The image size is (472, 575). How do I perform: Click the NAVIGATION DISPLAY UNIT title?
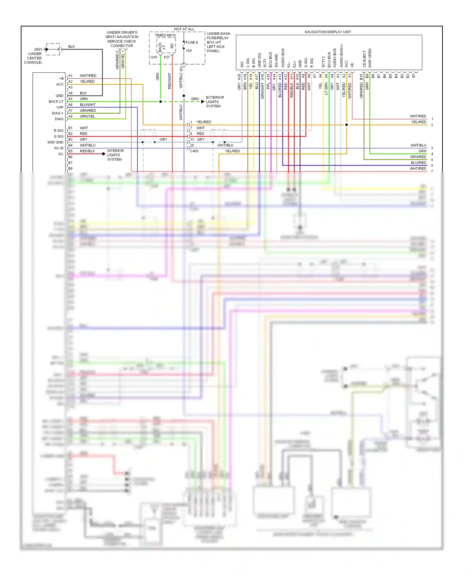[328, 32]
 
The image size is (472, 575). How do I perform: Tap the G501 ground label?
[38, 49]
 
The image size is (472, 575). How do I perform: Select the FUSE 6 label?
[192, 42]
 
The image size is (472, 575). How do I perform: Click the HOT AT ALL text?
[184, 29]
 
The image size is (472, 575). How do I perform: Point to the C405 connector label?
[194, 151]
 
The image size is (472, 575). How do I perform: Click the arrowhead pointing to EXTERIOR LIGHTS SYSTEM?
[203, 102]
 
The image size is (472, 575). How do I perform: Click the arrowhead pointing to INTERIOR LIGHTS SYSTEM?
[104, 154]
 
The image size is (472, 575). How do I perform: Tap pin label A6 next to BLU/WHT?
[70, 105]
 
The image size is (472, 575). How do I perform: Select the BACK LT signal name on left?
[56, 102]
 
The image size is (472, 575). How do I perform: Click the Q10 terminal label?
[154, 57]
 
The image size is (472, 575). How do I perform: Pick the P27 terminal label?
[167, 57]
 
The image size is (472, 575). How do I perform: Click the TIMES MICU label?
[165, 35]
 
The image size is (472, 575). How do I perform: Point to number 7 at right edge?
[432, 171]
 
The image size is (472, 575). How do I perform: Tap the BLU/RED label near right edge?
[418, 163]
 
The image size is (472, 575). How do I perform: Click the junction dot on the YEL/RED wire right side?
[346, 125]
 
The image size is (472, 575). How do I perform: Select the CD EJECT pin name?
[364, 59]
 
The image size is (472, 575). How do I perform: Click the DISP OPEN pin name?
[370, 58]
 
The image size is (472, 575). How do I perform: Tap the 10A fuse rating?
[189, 51]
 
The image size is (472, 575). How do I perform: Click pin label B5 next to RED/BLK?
[70, 151]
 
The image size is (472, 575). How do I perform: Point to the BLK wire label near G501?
[71, 47]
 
